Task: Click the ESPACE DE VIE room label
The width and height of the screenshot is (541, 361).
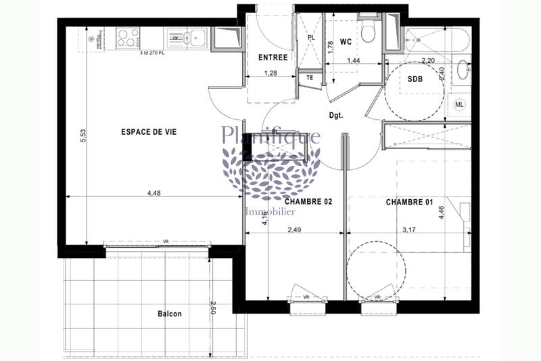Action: tap(149, 132)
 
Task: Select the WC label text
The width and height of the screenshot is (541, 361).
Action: tap(346, 42)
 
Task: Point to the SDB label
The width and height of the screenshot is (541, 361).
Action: tap(415, 79)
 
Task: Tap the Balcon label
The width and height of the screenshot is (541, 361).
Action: tap(170, 314)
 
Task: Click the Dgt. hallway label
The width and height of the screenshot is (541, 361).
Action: tap(336, 115)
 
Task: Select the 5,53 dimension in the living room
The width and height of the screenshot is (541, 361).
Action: tap(83, 135)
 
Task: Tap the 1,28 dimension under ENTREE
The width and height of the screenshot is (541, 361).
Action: tap(270, 72)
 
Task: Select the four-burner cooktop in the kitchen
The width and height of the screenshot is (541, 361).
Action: tap(126, 37)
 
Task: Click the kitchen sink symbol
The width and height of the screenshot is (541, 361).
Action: tap(196, 37)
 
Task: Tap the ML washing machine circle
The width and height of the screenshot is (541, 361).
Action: tap(459, 104)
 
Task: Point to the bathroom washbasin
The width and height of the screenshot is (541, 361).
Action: tap(462, 69)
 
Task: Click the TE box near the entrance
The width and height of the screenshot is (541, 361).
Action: tap(310, 78)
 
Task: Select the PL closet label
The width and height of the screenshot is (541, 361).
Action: tap(312, 39)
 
